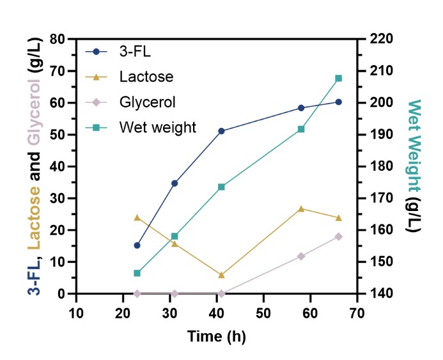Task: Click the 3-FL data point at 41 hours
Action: click(x=221, y=131)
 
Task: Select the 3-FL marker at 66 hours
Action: click(x=338, y=102)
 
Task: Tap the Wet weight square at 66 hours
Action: click(x=338, y=79)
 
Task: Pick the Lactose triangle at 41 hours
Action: click(x=221, y=275)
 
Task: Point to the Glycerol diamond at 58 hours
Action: click(x=301, y=256)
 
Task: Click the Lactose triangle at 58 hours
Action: click(x=301, y=208)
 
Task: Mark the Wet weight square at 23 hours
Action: click(x=137, y=273)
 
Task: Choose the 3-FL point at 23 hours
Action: click(x=137, y=245)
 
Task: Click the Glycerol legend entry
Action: click(x=147, y=102)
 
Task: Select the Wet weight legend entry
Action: click(x=157, y=127)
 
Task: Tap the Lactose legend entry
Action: click(x=146, y=77)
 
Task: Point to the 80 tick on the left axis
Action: click(x=61, y=39)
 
